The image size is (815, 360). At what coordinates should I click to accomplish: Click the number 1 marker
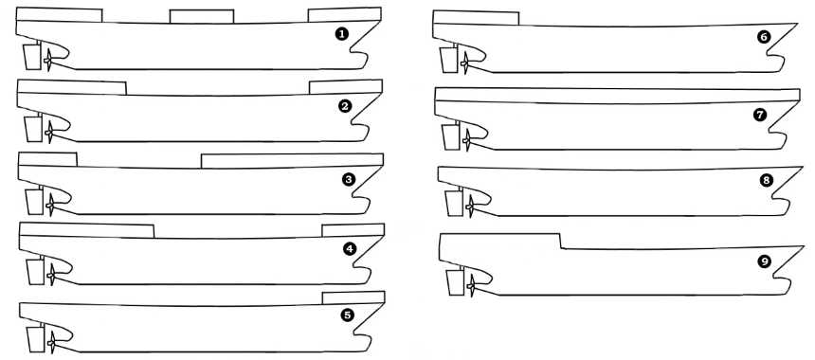point(341,34)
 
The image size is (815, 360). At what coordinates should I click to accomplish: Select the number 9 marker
point(764,262)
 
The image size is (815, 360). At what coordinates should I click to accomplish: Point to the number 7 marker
point(760,116)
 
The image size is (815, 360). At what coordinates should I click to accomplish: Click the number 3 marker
point(348,180)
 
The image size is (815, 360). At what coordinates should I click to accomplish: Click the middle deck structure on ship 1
point(202,16)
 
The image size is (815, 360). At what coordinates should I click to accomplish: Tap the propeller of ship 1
point(47,61)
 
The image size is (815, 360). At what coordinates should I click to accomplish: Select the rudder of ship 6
point(448,61)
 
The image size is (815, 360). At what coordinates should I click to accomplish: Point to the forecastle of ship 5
point(353,297)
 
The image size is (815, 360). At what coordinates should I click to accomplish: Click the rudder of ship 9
point(455,283)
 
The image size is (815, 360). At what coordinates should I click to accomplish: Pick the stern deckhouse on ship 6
point(476,17)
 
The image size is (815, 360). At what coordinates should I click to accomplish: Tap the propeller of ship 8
point(470,207)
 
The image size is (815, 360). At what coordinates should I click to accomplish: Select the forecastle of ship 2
point(346,87)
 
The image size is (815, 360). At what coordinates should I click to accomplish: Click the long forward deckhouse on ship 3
point(292,160)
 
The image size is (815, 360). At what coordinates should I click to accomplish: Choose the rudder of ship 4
point(36,272)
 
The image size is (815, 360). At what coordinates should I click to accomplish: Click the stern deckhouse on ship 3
point(47,159)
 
